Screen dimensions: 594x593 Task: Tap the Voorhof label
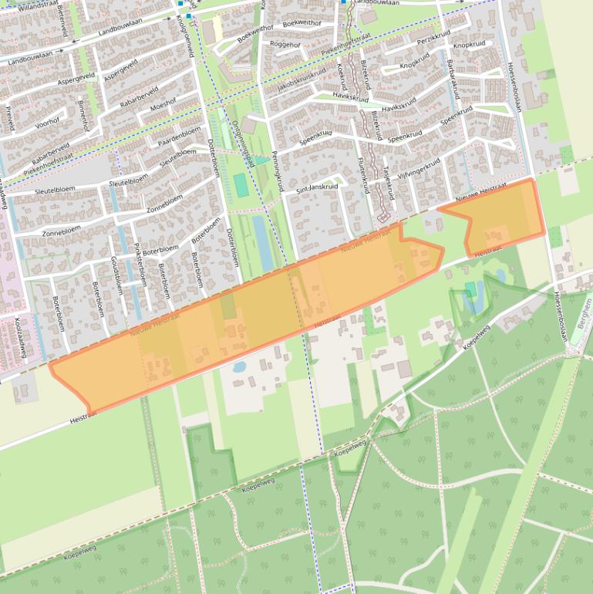pyautogui.click(x=48, y=120)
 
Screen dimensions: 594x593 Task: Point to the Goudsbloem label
pyautogui.click(x=117, y=275)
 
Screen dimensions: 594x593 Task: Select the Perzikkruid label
pyautogui.click(x=432, y=39)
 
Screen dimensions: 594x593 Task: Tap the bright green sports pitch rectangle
pyautogui.click(x=241, y=185)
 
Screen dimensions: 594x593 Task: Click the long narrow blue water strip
pyautogui.click(x=263, y=243)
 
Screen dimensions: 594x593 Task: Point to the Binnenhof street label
pyautogui.click(x=83, y=116)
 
